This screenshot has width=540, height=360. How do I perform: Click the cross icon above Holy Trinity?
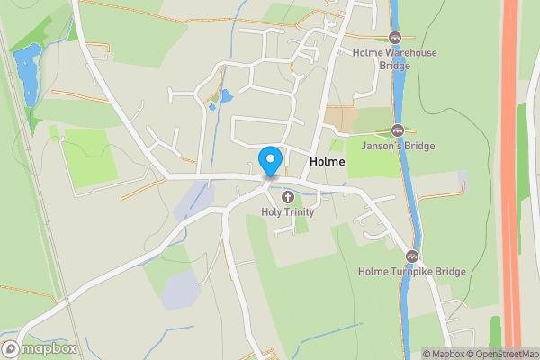click(288, 196)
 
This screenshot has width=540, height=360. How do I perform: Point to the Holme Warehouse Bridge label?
click(395, 58)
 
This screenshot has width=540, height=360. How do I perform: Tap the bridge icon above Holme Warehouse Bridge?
click(394, 37)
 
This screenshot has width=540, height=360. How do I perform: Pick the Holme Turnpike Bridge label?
click(411, 271)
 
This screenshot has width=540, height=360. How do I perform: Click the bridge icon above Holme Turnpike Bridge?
click(412, 255)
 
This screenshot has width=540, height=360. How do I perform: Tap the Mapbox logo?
click(40, 349)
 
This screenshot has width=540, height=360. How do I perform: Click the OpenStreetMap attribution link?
click(502, 354)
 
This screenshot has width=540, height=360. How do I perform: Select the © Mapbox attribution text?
click(443, 354)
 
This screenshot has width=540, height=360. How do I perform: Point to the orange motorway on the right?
click(511, 180)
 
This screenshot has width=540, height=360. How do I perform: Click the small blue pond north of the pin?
click(225, 94)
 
